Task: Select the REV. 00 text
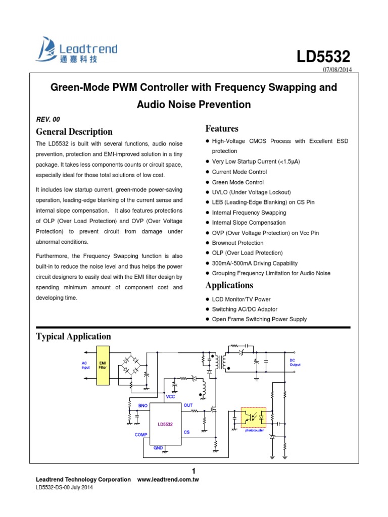pyautogui.click(x=47, y=119)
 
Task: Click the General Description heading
pyautogui.click(x=74, y=132)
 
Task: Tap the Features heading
pyautogui.click(x=222, y=128)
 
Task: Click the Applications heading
pyautogui.click(x=229, y=285)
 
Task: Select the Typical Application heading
pyautogui.click(x=74, y=336)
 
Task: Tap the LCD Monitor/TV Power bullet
pyautogui.click(x=241, y=299)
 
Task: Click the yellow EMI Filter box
pyautogui.click(x=103, y=366)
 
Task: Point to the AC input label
pyautogui.click(x=85, y=365)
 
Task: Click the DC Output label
pyautogui.click(x=295, y=363)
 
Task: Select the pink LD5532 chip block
pyautogui.click(x=165, y=424)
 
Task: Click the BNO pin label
pyautogui.click(x=142, y=405)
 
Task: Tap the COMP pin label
pyautogui.click(x=141, y=434)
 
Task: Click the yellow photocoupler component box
pyautogui.click(x=255, y=419)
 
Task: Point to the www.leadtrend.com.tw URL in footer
pyautogui.click(x=168, y=480)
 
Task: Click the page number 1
pyautogui.click(x=193, y=471)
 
